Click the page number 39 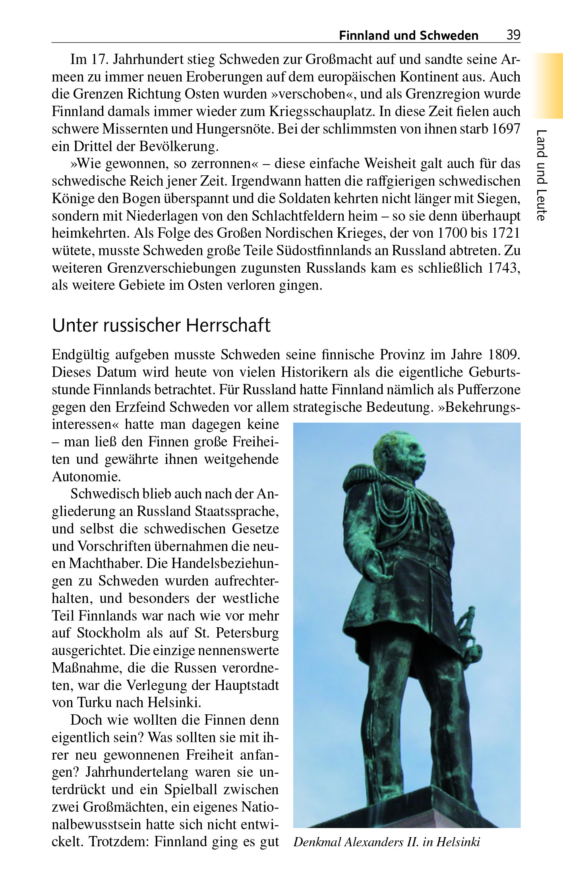[x=513, y=35]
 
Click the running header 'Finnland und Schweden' [x=408, y=36]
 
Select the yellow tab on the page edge [x=548, y=85]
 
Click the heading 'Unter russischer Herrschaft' [x=161, y=325]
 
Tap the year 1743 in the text [x=504, y=268]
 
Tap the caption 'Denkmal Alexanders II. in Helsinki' [x=387, y=842]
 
